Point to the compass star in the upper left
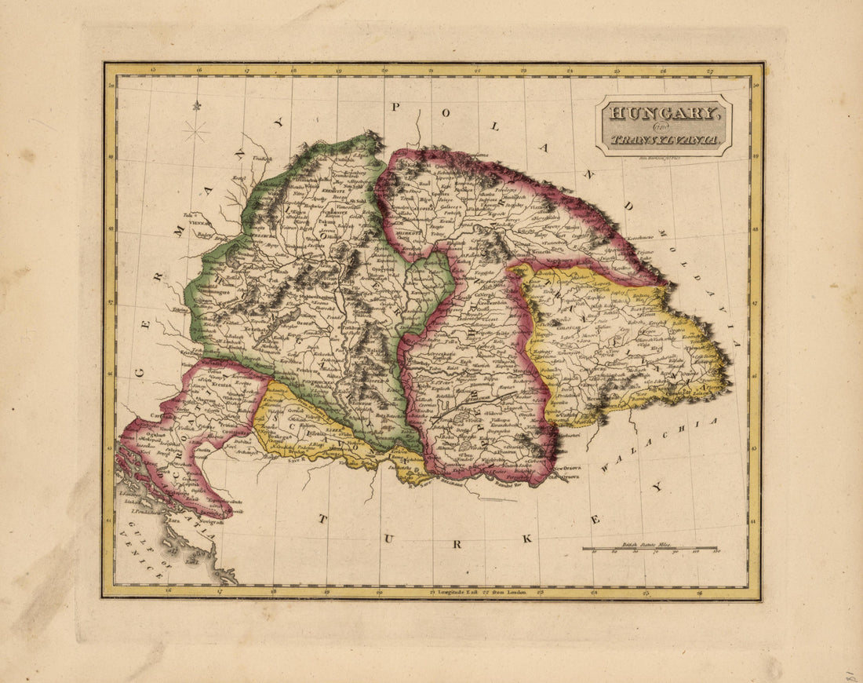click(195, 130)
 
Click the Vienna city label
click(195, 223)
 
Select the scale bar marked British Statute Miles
click(650, 549)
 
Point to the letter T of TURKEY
click(322, 519)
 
